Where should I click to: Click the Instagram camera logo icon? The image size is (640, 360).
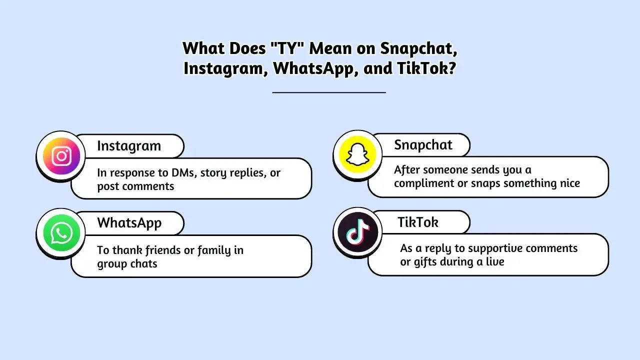(x=61, y=155)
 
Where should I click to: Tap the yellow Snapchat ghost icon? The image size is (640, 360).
(x=357, y=154)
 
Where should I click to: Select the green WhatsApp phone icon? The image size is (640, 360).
(x=61, y=233)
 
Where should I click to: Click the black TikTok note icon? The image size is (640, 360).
(x=357, y=232)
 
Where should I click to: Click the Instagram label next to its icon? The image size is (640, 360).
(x=129, y=146)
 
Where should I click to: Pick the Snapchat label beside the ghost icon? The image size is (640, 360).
(x=423, y=145)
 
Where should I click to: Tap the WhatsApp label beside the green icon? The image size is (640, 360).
(x=129, y=223)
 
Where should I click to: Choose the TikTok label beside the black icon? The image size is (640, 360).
(x=418, y=222)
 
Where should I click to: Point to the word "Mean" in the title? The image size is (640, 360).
(x=330, y=48)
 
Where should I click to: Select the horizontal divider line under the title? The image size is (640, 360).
(x=329, y=92)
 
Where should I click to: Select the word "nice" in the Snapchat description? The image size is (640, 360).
(x=570, y=183)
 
